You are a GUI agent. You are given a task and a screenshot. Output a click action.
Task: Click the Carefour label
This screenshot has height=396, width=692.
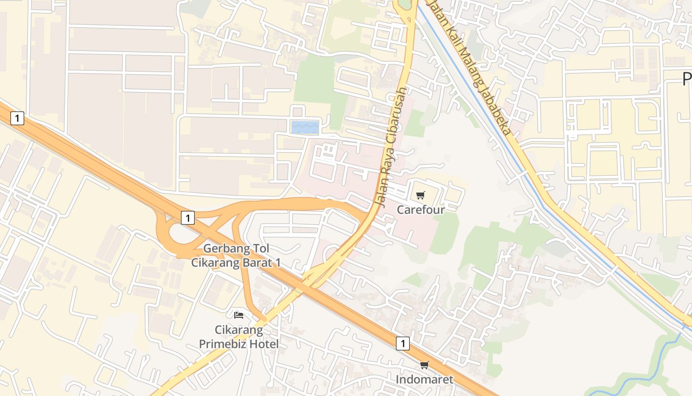point(421,209)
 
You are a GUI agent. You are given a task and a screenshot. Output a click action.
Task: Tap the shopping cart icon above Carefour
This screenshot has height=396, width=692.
point(420,196)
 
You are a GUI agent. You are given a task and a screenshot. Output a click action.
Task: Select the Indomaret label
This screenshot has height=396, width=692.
point(424,380)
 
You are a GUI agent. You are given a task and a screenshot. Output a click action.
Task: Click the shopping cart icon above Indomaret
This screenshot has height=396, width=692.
point(424,365)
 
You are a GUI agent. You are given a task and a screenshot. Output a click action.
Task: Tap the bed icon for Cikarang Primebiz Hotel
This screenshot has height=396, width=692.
point(239,315)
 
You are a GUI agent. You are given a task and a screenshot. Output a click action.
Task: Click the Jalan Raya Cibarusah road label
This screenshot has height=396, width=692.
point(391,148)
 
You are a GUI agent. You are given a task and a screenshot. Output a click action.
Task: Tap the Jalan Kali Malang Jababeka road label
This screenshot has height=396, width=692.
point(468,67)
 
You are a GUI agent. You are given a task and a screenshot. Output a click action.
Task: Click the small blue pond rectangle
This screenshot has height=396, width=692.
point(305,127)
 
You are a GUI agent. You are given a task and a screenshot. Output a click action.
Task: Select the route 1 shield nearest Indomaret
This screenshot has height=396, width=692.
point(403,344)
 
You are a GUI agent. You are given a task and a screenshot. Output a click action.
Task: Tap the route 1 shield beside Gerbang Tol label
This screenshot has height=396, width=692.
point(187,217)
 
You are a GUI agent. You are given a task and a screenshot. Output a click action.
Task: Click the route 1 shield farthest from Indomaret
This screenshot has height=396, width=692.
point(17,118)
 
